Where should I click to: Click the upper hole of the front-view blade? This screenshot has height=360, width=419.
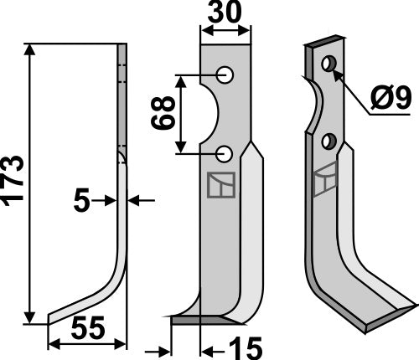(x=225, y=75)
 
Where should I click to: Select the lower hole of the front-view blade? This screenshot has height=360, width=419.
(x=225, y=153)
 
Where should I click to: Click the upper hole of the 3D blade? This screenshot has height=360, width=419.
(x=329, y=63)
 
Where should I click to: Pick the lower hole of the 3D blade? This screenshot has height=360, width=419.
(x=329, y=141)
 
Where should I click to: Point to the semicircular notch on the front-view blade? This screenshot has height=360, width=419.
(x=209, y=114)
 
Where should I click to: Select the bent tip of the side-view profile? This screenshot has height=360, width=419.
(x=54, y=317)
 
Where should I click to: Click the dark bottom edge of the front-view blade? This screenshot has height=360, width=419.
(x=201, y=319)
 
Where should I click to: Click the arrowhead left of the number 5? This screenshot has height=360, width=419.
(x=110, y=201)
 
